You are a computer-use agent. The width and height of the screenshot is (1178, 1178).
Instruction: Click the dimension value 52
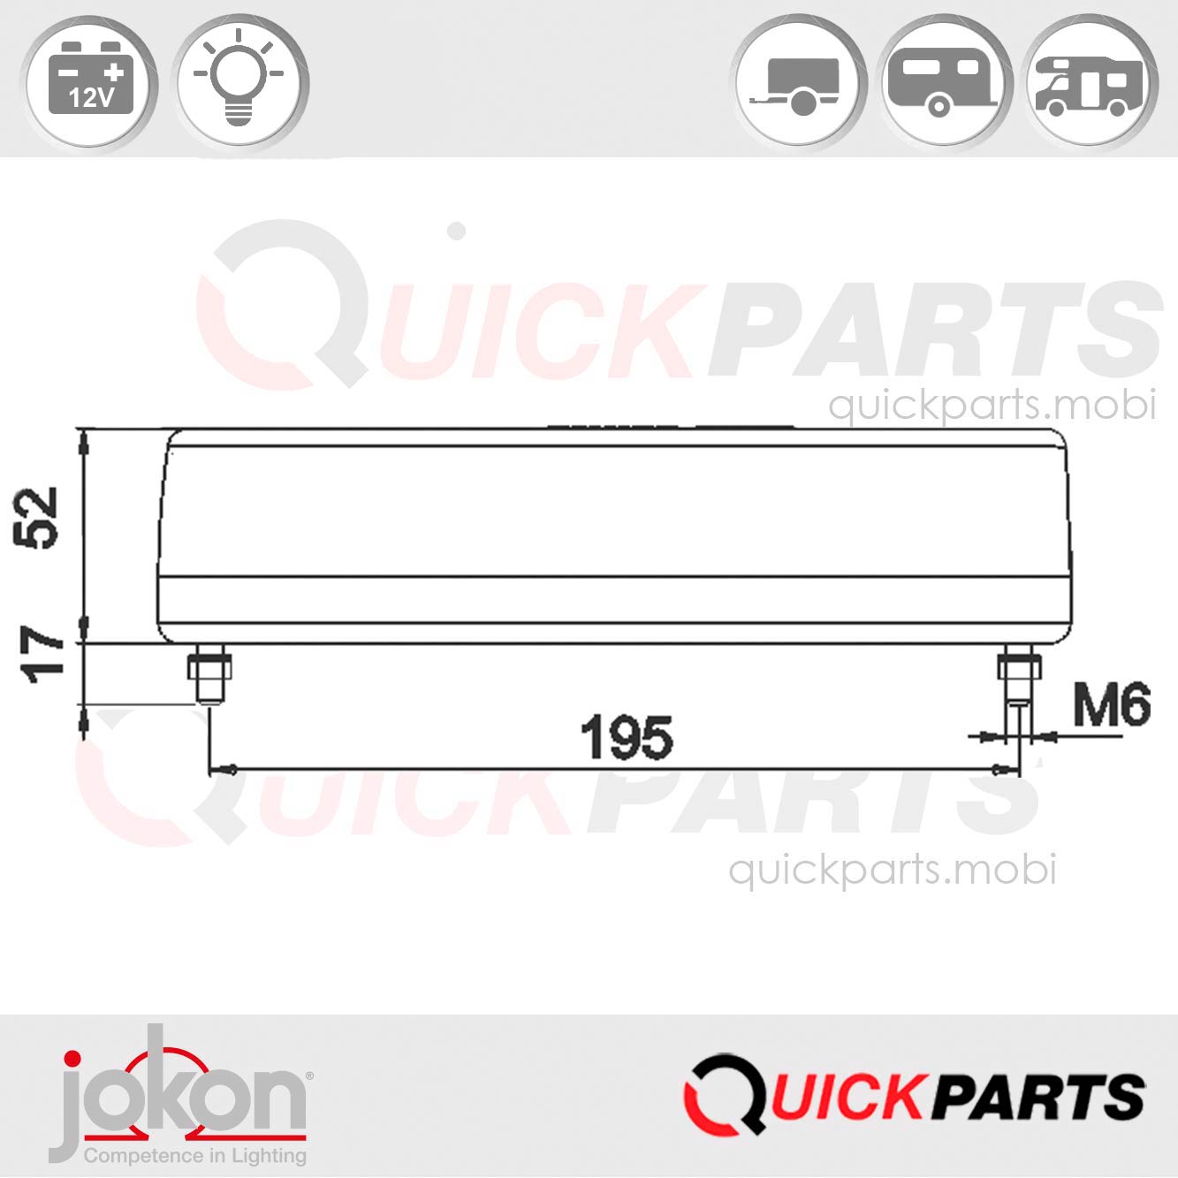click(x=41, y=518)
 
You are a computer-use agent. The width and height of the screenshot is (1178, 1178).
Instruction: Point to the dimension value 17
click(x=44, y=655)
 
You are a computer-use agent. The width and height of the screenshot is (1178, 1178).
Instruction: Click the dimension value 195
click(x=626, y=739)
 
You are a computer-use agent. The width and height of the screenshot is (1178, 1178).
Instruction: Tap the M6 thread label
click(x=1111, y=705)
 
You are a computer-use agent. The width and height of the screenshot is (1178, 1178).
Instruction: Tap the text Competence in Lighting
click(x=194, y=1155)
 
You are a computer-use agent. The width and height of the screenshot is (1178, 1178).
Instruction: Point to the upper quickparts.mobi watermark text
click(x=991, y=406)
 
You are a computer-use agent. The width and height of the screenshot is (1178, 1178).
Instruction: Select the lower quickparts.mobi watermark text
click(x=892, y=870)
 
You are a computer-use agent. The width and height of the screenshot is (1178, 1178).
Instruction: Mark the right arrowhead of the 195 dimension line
click(x=1001, y=770)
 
